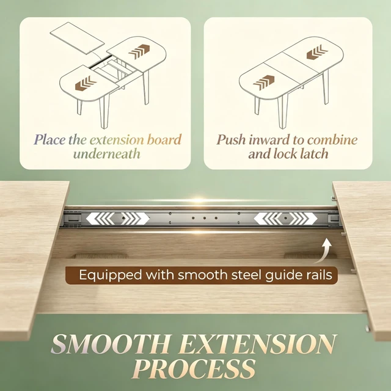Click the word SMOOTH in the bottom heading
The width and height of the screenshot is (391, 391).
(x=111, y=344)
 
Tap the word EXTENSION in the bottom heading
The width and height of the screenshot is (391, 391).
(x=258, y=344)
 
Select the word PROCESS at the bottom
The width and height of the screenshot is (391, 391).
(x=194, y=368)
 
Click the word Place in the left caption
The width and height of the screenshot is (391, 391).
(x=49, y=140)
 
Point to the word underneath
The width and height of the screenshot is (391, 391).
(x=107, y=153)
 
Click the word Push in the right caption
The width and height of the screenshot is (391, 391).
(x=231, y=140)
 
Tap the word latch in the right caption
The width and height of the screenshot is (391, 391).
(x=313, y=153)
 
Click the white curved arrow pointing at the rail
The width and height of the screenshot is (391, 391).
(x=325, y=250)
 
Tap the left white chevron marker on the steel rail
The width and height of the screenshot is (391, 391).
(x=118, y=219)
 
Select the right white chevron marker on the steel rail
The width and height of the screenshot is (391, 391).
(x=285, y=219)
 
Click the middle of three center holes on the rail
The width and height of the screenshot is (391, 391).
(x=205, y=218)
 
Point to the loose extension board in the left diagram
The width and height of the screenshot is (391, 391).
(x=78, y=38)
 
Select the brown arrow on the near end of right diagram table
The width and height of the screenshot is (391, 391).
(x=264, y=82)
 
